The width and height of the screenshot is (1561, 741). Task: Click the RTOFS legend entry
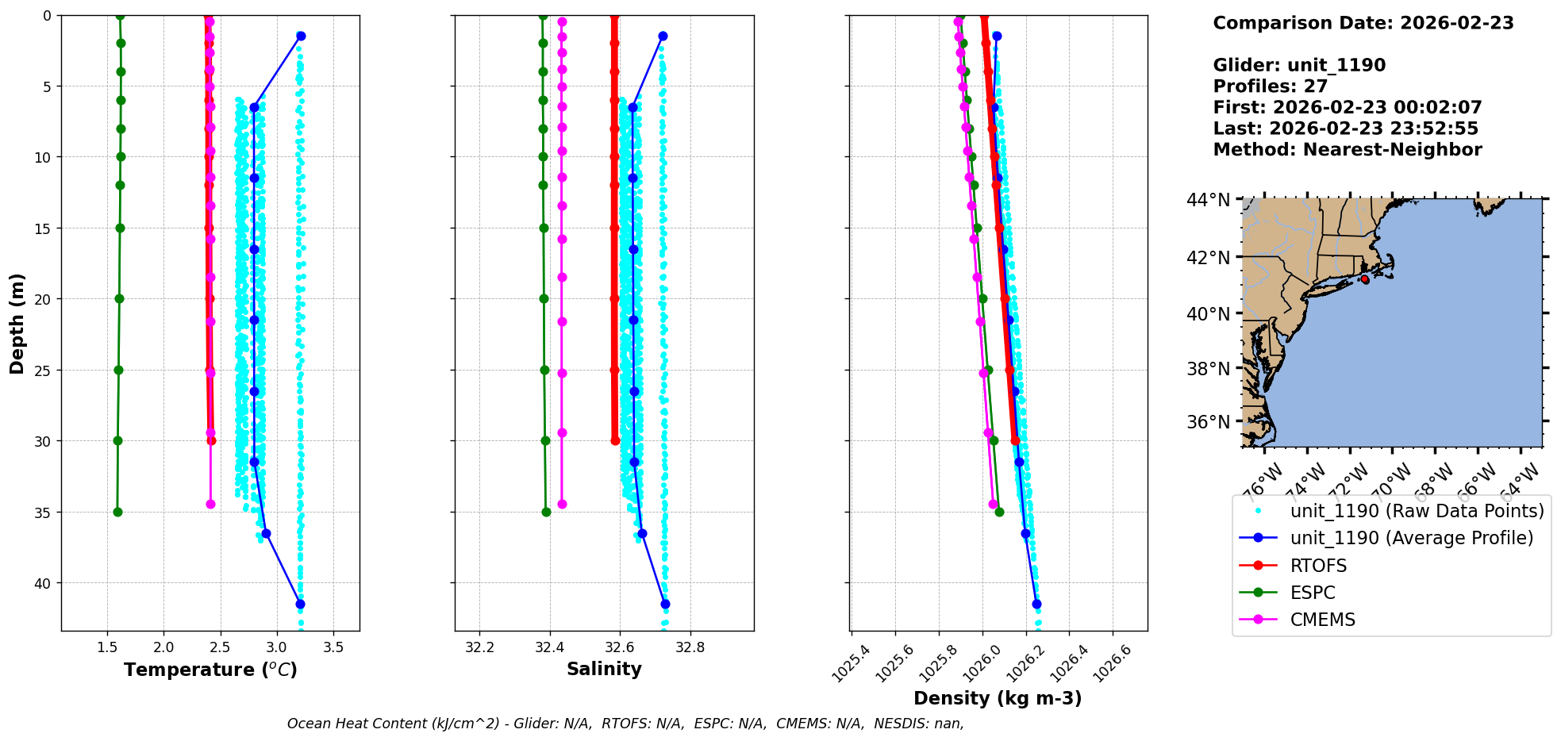[1318, 566]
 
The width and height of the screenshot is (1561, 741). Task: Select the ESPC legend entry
[1313, 593]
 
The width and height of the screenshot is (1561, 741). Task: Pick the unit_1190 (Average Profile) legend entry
[1411, 538]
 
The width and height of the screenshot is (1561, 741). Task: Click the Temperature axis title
[210, 670]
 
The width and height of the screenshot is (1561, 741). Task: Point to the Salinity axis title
[604, 669]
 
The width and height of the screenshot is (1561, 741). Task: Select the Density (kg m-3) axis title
[998, 698]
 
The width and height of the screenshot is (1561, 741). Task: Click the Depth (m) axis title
[17, 323]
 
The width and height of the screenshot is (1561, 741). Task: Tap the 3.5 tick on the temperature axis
[333, 647]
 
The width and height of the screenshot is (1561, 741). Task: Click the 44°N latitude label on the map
[1208, 200]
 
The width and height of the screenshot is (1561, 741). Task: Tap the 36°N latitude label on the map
[1208, 422]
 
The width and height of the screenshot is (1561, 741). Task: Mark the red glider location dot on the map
[1364, 279]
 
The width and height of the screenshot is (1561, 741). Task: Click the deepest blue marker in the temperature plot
[300, 604]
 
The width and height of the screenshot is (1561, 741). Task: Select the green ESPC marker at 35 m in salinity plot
[546, 512]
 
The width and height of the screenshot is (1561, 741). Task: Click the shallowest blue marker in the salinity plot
[663, 36]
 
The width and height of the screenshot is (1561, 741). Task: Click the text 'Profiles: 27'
[1270, 86]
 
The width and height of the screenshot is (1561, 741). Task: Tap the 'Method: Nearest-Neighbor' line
[1347, 150]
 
